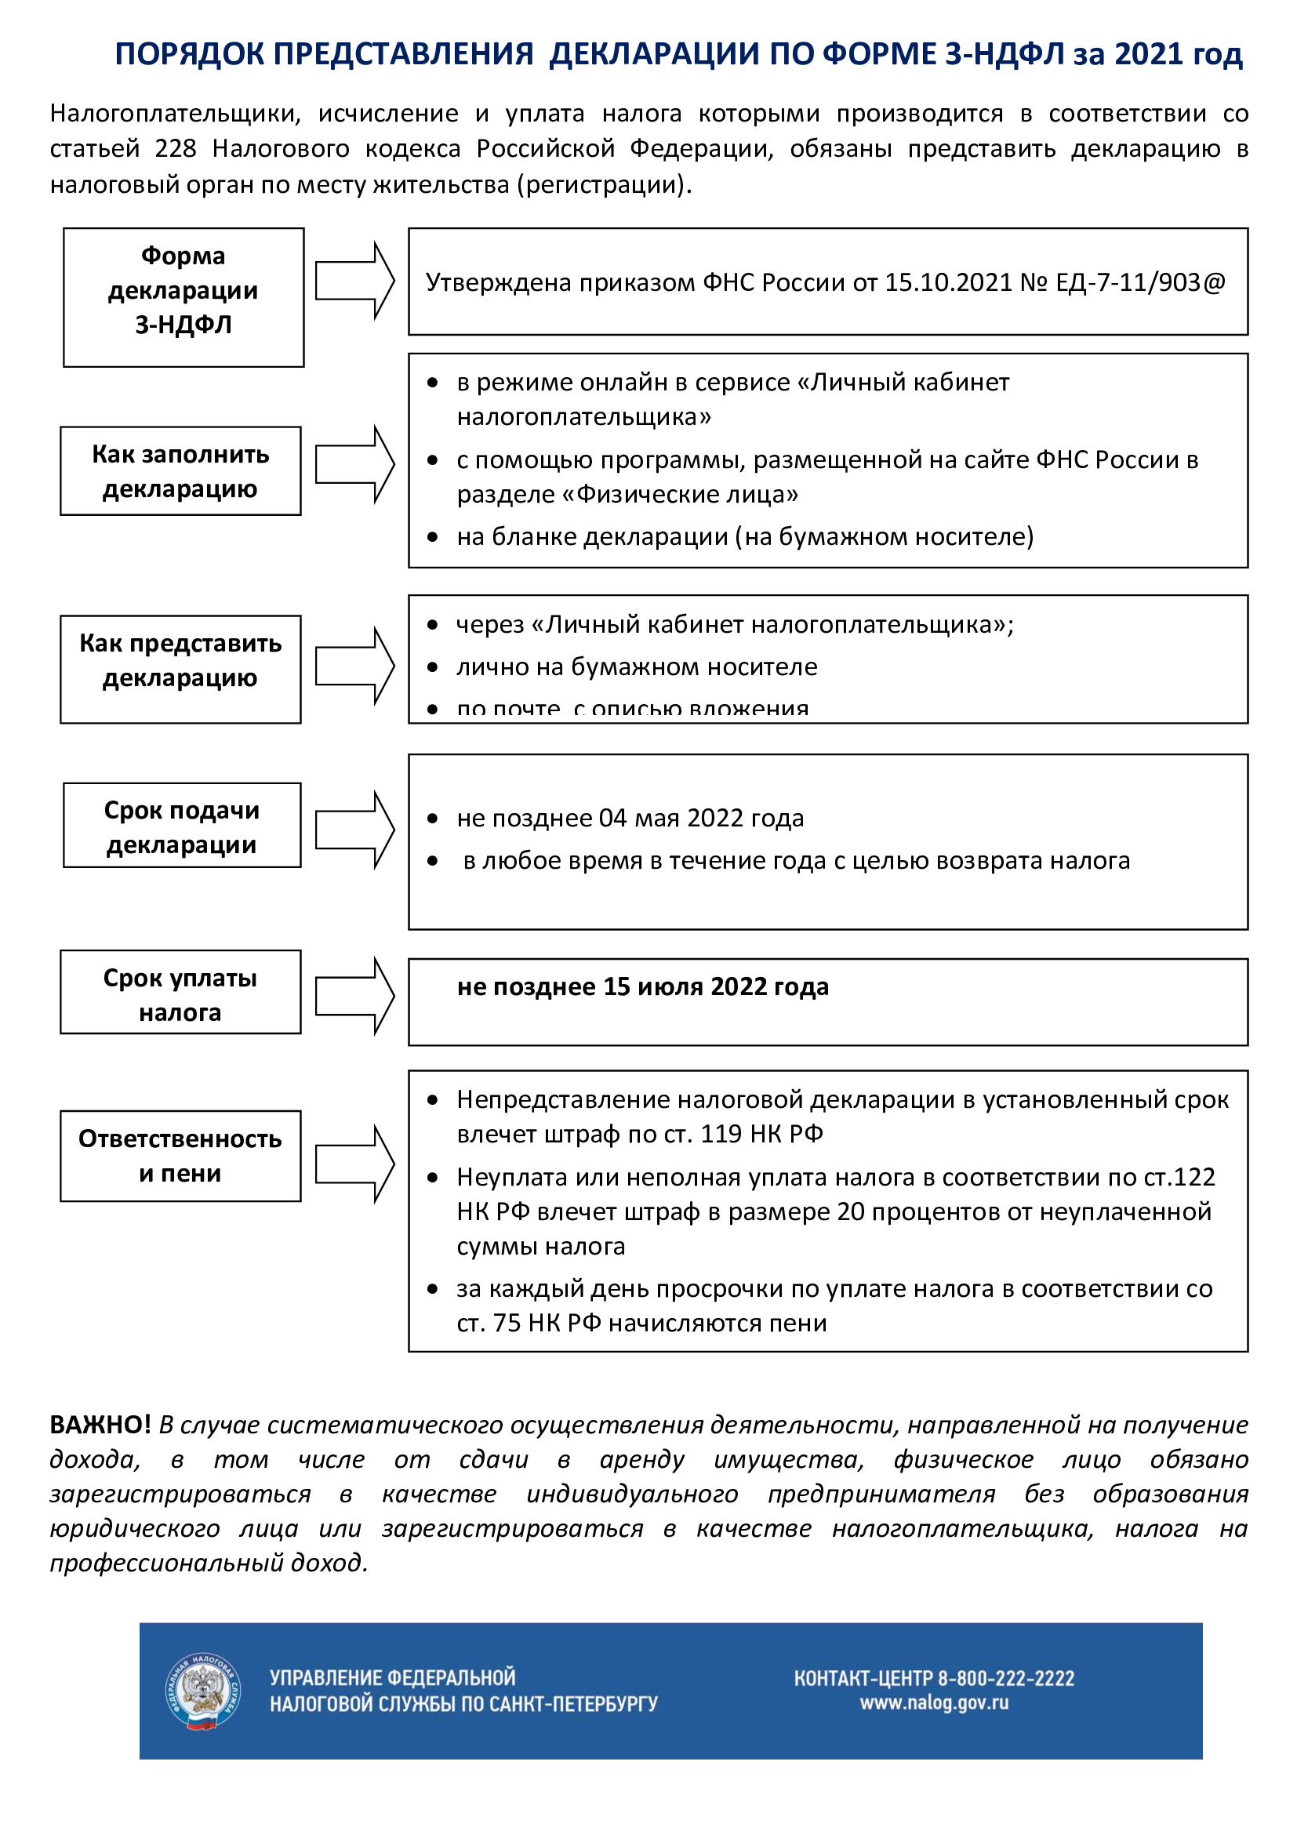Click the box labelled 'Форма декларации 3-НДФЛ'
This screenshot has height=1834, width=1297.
(x=183, y=297)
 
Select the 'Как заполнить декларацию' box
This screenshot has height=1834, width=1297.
(x=180, y=470)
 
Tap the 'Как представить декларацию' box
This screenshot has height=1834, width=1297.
(x=180, y=669)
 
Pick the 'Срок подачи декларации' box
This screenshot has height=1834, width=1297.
(x=182, y=825)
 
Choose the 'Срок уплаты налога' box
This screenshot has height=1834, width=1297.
(x=180, y=992)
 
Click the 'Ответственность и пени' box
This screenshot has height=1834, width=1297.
(x=180, y=1155)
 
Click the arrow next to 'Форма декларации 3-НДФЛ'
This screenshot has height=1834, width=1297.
(x=354, y=281)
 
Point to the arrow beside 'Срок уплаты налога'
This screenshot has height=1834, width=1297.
(x=354, y=996)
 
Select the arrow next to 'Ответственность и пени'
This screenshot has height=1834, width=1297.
(x=354, y=1164)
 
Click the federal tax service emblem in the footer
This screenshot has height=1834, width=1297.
(x=203, y=1691)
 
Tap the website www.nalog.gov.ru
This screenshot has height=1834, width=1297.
(x=934, y=1703)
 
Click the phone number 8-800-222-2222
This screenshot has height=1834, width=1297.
(x=1005, y=1677)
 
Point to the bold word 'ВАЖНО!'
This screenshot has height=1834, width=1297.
(x=100, y=1424)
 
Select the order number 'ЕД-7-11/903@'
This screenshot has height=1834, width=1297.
(x=1139, y=283)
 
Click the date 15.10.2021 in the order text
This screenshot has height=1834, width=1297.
(x=948, y=283)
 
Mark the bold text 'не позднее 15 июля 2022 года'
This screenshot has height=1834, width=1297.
(x=643, y=986)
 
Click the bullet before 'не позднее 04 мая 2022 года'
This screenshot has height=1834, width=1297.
(x=432, y=818)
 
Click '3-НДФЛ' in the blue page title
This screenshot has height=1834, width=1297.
(x=1005, y=54)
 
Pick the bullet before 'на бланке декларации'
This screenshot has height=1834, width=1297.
(x=432, y=537)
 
